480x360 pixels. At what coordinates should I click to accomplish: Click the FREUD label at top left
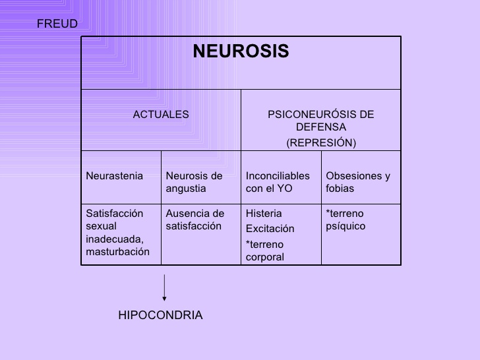click(57, 24)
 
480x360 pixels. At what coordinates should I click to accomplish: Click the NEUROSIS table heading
click(241, 51)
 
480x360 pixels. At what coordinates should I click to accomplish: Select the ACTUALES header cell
click(161, 114)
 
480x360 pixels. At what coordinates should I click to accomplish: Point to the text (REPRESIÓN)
click(320, 142)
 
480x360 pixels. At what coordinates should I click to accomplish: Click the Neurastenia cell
click(114, 176)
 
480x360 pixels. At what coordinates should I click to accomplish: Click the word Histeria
click(264, 214)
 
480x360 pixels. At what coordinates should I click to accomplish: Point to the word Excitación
click(270, 229)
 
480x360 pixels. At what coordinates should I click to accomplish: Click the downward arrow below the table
click(164, 288)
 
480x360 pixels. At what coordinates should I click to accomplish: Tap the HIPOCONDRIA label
click(160, 315)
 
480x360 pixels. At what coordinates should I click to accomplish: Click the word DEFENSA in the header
click(320, 127)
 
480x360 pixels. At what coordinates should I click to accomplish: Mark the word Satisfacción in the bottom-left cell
click(114, 214)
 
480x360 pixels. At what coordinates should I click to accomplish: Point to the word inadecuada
click(114, 239)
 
